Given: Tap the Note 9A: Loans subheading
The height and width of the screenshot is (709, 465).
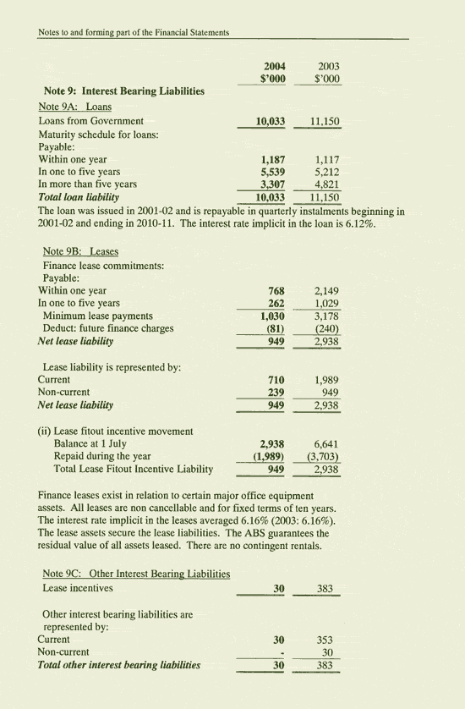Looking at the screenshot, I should coord(75,107).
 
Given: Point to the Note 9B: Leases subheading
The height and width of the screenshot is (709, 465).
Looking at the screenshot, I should coord(80,251).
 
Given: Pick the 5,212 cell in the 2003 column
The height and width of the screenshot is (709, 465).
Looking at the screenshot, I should coord(326,172).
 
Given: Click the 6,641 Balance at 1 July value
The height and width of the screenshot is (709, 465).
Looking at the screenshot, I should coord(326,443).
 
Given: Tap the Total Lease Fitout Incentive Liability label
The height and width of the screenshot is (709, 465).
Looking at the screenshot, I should coord(133,469).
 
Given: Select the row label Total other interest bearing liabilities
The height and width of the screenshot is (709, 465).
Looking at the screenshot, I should coord(119,665).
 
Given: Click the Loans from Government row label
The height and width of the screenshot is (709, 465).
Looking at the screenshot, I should coord(91,121).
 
